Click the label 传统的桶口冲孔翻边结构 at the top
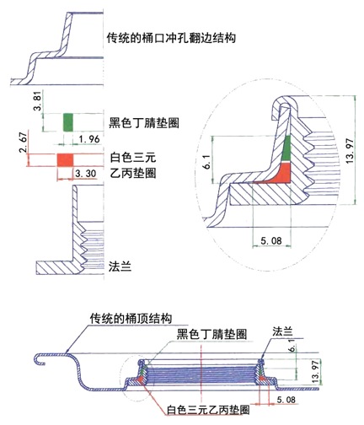click(171, 37)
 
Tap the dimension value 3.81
click(38, 102)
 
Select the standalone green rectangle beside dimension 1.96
click(68, 122)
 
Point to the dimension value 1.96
click(89, 139)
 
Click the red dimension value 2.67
click(24, 142)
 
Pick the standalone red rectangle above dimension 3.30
click(65, 160)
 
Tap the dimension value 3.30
click(86, 174)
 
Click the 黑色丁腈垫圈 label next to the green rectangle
click(144, 122)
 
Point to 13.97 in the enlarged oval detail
click(350, 151)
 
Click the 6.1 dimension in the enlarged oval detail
click(207, 163)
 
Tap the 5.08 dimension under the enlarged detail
click(271, 240)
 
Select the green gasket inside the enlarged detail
click(286, 149)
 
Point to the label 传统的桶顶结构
click(131, 319)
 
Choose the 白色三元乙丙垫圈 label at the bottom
click(208, 410)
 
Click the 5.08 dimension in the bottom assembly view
click(286, 400)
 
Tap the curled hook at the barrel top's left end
click(40, 358)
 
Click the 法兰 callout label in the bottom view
click(282, 331)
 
